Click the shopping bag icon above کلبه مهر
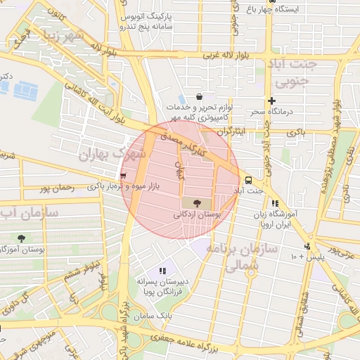(200, 96)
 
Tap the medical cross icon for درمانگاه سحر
(271, 101)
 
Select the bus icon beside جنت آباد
(247, 179)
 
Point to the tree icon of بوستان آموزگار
(22, 238)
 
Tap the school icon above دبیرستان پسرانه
(163, 270)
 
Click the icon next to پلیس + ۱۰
(307, 246)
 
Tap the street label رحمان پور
(57, 187)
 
